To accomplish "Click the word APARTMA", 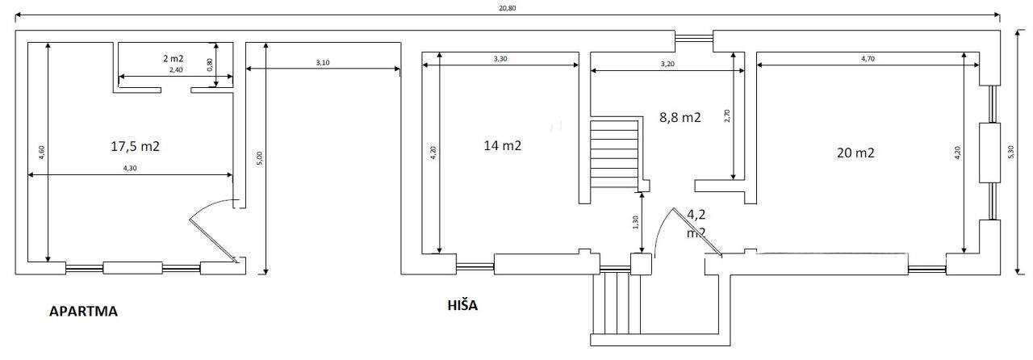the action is (83, 312).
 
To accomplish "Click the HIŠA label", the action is (462, 305).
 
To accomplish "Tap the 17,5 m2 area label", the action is (135, 146).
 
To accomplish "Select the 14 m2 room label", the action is (503, 145).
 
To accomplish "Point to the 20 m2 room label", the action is (855, 153).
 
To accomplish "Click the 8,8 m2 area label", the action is (680, 117).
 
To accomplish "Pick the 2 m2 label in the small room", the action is (174, 58).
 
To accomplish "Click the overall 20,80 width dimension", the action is (508, 8).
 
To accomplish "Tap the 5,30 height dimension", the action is (1011, 152).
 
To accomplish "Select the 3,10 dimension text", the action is (323, 62).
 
